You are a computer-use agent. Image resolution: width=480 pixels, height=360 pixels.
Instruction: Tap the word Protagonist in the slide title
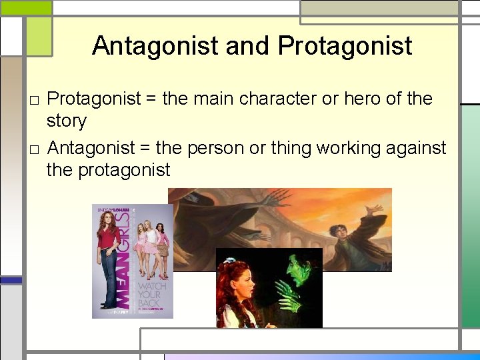(x=345, y=46)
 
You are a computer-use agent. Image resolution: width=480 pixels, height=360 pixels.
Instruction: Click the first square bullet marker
(x=34, y=101)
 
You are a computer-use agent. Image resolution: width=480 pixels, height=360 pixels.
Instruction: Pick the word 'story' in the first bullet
(x=67, y=121)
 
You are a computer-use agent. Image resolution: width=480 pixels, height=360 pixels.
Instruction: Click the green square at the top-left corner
(x=26, y=8)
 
